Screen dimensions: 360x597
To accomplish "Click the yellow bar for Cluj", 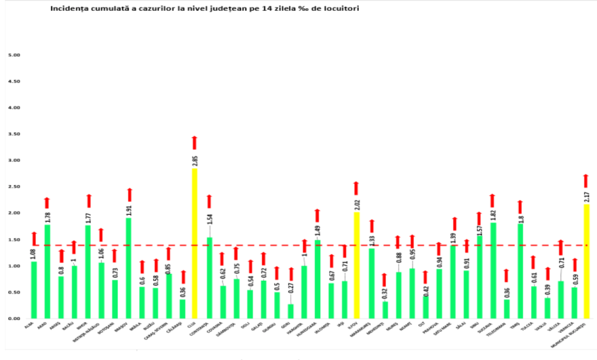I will point(195,244).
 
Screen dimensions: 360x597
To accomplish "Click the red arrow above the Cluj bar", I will point(195,142).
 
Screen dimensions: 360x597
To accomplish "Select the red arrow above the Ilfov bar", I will point(357,188).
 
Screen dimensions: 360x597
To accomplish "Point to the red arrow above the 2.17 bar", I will point(587,180).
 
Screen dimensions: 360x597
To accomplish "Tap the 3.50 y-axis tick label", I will point(14,134).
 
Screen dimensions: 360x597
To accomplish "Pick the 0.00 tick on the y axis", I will point(14,319).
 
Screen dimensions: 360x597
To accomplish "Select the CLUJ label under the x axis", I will point(192,325).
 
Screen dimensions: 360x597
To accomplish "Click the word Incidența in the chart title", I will point(71,9).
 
